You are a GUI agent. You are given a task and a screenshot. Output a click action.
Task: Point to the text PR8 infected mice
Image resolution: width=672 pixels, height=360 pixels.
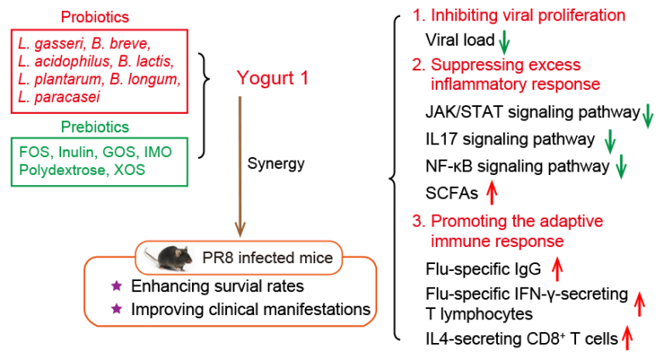[x=255, y=255]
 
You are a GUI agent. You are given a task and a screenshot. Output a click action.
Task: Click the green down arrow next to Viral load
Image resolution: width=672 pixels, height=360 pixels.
[x=504, y=40]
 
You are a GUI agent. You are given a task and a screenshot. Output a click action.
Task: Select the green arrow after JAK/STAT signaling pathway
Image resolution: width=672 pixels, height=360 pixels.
[x=648, y=115]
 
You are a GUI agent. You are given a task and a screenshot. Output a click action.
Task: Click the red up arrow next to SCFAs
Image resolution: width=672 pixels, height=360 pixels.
[x=491, y=193]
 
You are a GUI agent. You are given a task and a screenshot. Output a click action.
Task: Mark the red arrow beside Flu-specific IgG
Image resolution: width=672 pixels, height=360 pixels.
[x=557, y=270]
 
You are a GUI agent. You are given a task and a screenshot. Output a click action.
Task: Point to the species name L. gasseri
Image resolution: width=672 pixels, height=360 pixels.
[x=48, y=42]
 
